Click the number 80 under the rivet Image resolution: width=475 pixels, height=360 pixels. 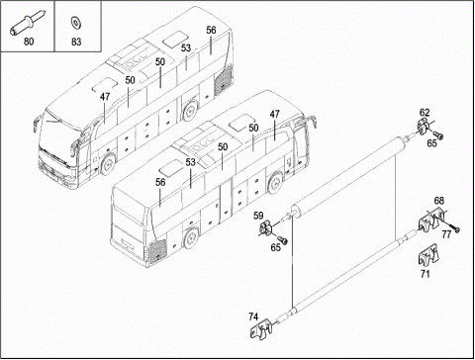[29, 42]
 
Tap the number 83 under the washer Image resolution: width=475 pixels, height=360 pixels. [76, 42]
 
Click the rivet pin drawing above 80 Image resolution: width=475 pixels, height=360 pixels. [27, 22]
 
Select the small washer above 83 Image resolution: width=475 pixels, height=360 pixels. [76, 23]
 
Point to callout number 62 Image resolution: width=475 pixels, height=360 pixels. [425, 113]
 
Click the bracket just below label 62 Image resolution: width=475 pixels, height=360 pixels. [424, 127]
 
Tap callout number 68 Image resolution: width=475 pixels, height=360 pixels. [438, 200]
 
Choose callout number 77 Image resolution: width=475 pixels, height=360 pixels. [446, 234]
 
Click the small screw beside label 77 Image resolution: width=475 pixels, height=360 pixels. [455, 228]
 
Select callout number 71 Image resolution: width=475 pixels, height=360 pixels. [426, 274]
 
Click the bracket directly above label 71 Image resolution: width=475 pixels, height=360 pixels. [427, 255]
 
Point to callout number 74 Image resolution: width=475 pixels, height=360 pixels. [253, 316]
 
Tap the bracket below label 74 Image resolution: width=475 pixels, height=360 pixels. [261, 329]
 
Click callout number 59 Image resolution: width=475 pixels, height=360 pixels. [258, 216]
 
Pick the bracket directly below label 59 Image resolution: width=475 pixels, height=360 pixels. [266, 228]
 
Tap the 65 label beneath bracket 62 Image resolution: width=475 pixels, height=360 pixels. [431, 143]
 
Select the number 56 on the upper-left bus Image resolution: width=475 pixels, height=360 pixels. [211, 30]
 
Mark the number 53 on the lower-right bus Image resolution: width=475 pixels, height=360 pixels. [190, 162]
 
